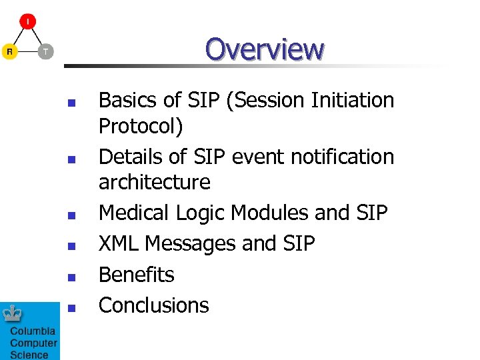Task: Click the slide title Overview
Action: coord(264,49)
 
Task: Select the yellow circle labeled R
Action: coord(9,51)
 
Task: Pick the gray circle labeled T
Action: coord(45,51)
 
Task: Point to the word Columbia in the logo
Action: coord(33,331)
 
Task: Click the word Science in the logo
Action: coord(29,355)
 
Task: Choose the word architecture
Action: coord(154,182)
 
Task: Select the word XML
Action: coord(119,243)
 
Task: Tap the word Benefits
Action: coord(136,274)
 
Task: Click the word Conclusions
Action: coord(153,305)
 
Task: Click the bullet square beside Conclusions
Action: coord(71,307)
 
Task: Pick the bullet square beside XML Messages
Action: coord(71,246)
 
